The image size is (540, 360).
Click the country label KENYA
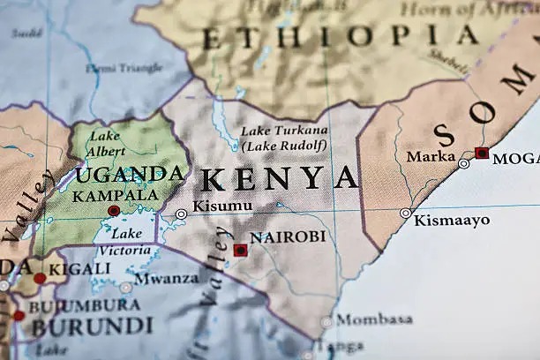280,178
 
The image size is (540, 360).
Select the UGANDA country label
130,174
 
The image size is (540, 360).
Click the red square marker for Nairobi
240,251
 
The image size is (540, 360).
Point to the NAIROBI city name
288,237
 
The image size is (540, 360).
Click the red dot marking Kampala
114,211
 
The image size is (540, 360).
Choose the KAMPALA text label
116,195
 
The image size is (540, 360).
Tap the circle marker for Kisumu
181,214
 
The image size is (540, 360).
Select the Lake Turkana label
284,130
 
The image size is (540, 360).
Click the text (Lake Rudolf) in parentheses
284,146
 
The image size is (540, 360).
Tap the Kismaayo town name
452,220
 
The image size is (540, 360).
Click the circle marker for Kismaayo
405,213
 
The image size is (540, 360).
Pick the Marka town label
431,156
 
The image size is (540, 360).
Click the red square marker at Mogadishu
481,153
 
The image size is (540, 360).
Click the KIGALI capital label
79,268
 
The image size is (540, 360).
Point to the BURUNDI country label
93,326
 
